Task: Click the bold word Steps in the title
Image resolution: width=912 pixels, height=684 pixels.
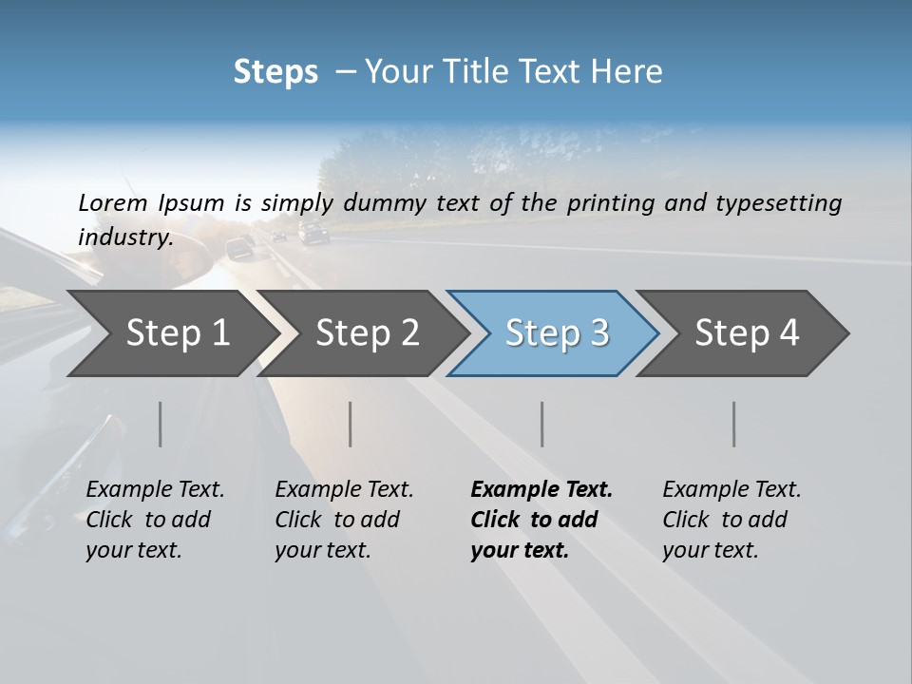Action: pos(275,72)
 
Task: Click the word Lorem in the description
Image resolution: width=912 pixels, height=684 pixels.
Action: pos(113,203)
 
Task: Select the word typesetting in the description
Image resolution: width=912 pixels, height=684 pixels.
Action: pos(781,203)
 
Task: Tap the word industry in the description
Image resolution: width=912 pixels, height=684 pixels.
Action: pos(124,237)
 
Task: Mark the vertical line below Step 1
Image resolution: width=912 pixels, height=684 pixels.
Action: pos(160,424)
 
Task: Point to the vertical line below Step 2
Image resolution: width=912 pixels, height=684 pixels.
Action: pos(351,424)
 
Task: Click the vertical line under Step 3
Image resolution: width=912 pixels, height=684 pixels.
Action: pos(541,424)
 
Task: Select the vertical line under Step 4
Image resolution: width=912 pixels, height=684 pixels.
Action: pos(733,424)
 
